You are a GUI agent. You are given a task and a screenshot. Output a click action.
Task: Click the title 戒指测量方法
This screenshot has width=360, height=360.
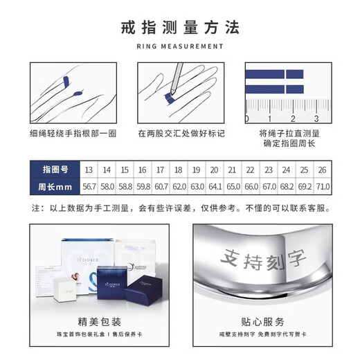tap(179, 29)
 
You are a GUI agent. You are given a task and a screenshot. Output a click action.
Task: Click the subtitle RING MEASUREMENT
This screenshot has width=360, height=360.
tap(179, 47)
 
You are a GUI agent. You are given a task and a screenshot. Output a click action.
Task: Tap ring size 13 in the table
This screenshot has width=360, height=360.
tap(89, 170)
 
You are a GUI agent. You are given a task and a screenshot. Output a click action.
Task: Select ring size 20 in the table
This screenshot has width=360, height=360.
tap(214, 170)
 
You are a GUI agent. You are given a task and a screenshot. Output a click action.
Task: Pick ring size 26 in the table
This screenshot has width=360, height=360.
tap(322, 170)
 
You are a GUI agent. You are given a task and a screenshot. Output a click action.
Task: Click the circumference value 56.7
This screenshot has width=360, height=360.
tap(89, 188)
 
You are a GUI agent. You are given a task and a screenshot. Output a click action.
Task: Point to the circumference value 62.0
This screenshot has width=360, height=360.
tap(179, 188)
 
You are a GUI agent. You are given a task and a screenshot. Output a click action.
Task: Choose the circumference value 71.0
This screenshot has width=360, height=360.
tap(322, 188)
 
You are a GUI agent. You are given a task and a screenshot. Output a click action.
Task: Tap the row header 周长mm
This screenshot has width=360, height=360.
tap(53, 188)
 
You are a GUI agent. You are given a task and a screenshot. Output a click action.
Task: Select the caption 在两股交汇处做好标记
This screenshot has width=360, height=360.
tap(181, 133)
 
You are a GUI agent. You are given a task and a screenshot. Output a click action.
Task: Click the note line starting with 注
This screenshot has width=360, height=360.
tap(179, 208)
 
